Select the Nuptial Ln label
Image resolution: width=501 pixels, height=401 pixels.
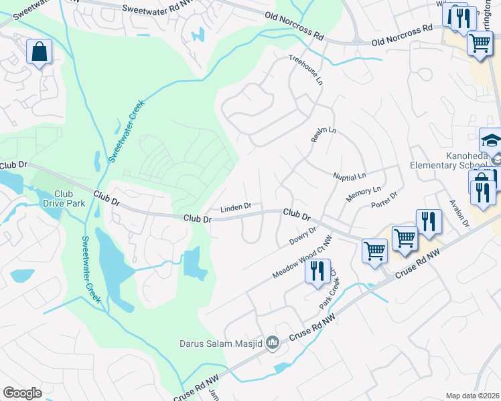[350, 176]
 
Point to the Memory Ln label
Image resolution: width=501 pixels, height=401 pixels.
[363, 195]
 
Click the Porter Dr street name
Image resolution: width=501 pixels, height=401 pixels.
[384, 198]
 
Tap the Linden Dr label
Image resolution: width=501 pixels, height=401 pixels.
[236, 206]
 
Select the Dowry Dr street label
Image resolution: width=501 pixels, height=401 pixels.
[303, 235]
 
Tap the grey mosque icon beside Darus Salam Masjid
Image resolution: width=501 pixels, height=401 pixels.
[272, 344]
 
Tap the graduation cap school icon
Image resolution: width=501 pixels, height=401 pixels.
[490, 141]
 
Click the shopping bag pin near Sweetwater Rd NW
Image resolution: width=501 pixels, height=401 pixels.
[39, 51]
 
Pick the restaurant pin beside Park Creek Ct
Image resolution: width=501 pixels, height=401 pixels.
[317, 271]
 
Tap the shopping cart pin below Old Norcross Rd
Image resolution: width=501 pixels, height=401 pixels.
[480, 43]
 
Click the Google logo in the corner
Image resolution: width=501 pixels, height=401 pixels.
[22, 392]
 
